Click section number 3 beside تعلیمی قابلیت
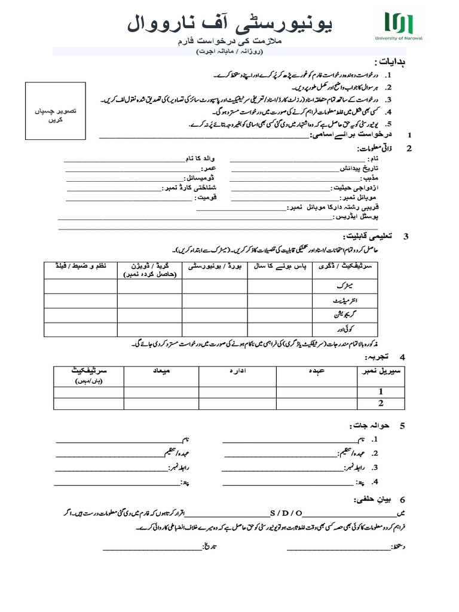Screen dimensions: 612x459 (x=406, y=237)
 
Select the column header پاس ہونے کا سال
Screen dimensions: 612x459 (x=280, y=265)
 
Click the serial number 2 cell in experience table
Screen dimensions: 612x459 (x=380, y=403)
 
